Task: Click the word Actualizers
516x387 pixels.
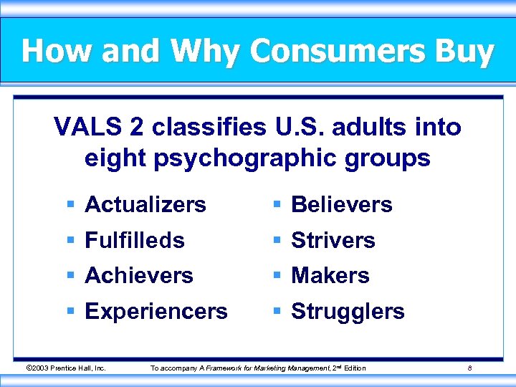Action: pos(145,205)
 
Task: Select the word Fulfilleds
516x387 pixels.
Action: pos(135,241)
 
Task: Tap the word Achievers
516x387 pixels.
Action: pos(139,276)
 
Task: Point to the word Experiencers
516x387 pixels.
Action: pos(156,312)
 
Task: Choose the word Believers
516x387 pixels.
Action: pos(342,205)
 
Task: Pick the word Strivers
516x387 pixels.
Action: pos(333,241)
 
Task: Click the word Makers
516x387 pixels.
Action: pos(330,276)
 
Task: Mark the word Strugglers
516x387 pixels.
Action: pos(348,312)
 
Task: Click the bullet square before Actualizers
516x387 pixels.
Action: pos(71,206)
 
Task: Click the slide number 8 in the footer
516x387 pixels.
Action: pos(469,368)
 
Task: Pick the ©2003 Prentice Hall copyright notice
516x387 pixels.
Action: pos(66,368)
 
